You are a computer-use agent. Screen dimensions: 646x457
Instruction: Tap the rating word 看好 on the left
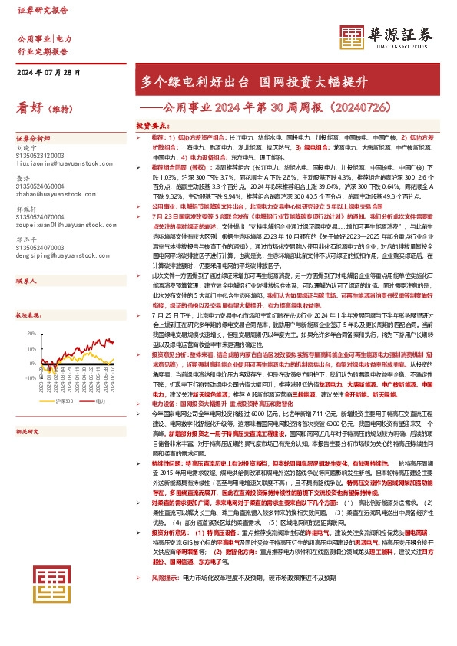(30, 109)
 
